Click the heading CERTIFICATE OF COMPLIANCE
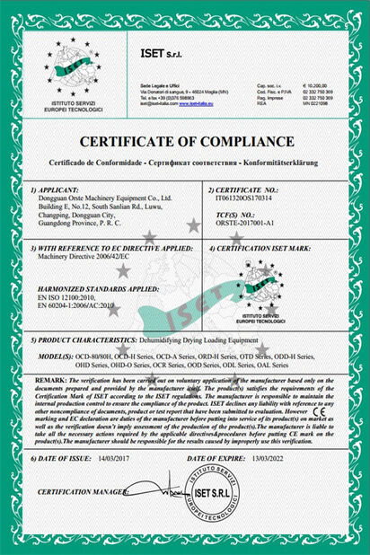point(184,142)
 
